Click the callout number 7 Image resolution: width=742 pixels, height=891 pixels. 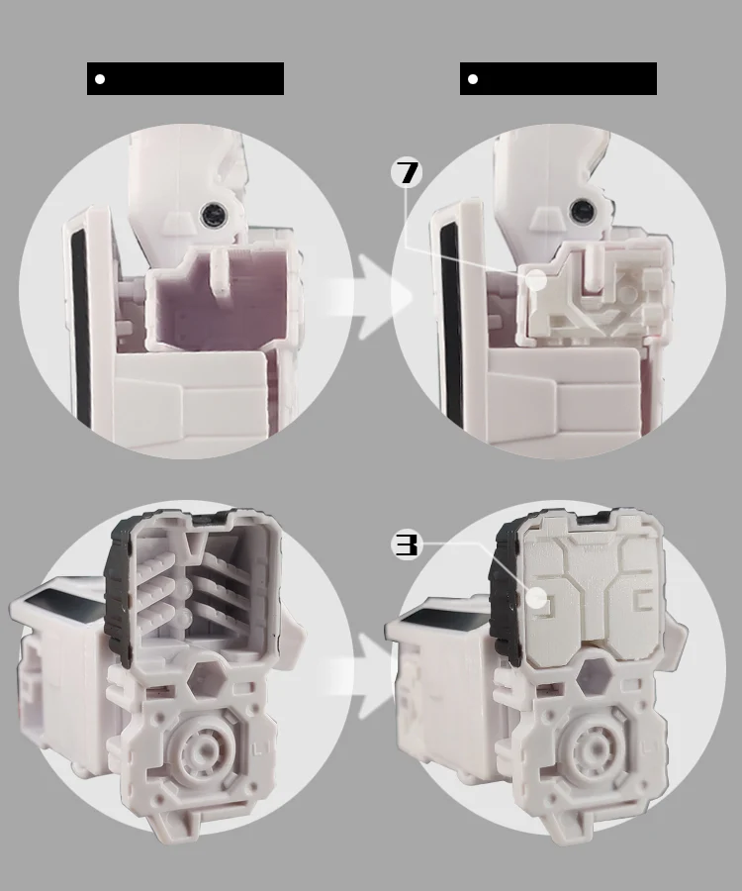tap(407, 172)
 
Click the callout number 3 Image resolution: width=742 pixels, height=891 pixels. tap(407, 544)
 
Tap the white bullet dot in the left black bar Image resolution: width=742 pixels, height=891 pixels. tap(100, 79)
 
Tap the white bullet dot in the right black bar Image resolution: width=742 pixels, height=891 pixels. tap(473, 79)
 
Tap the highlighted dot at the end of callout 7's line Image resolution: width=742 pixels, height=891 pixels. tap(535, 280)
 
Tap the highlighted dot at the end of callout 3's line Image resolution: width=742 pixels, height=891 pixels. tap(535, 598)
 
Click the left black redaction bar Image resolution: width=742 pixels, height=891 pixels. tap(185, 78)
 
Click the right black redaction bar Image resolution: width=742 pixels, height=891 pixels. tap(558, 78)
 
